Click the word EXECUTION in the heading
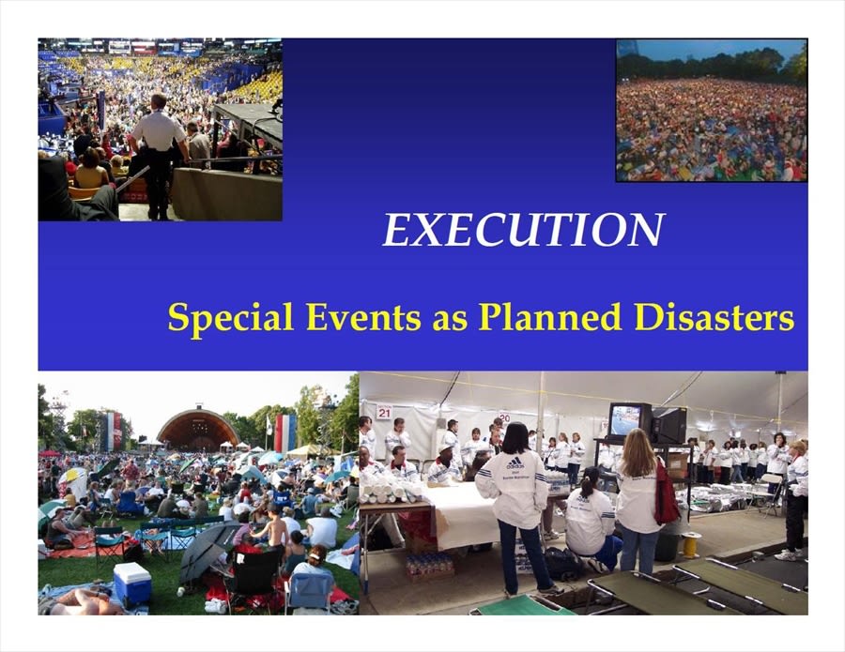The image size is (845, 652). tap(523, 230)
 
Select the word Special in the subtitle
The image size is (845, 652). tap(231, 318)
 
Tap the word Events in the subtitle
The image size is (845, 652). tap(363, 316)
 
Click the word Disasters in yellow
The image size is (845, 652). tap(714, 316)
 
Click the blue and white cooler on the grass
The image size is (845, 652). tap(132, 584)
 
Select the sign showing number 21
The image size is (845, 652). tap(384, 412)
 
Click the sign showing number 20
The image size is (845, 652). tap(504, 417)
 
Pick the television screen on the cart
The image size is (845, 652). tap(625, 420)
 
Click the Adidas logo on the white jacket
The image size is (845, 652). tap(515, 463)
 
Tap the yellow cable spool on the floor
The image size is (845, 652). tap(690, 544)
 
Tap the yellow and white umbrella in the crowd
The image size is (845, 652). tap(70, 476)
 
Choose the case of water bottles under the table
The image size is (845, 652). tap(429, 567)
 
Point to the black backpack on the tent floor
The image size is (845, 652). tap(563, 564)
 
